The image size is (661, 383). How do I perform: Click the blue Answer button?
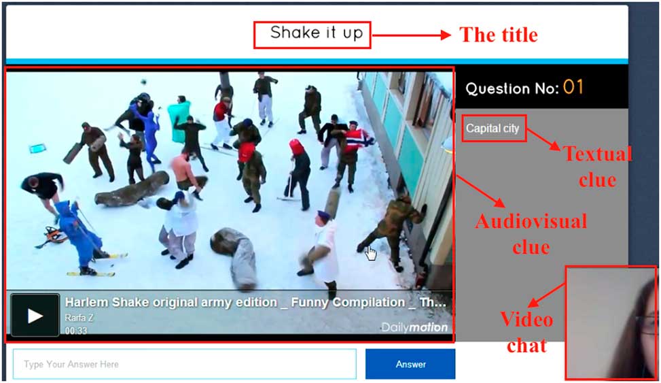tap(410, 364)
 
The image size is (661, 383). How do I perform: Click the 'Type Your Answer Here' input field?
tap(185, 364)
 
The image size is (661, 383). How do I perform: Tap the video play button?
tap(35, 316)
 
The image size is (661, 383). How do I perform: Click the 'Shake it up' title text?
tap(316, 33)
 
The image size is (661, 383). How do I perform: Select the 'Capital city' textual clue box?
tap(494, 129)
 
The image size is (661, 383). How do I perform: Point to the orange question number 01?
tap(573, 87)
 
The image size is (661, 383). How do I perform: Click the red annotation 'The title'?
tap(499, 35)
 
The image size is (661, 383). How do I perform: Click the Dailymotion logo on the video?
tap(414, 327)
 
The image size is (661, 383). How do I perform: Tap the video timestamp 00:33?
tap(76, 331)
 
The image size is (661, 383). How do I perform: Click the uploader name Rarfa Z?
tap(79, 318)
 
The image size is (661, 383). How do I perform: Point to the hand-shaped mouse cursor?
tap(370, 253)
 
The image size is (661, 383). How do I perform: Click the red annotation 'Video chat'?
tap(526, 333)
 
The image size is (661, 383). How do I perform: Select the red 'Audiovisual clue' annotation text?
tap(531, 235)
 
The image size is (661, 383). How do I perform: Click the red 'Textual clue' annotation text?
tap(597, 167)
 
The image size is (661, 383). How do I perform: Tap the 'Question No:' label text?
tap(512, 88)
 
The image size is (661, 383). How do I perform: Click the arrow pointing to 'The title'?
tap(412, 35)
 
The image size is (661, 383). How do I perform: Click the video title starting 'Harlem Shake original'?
tap(255, 302)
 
